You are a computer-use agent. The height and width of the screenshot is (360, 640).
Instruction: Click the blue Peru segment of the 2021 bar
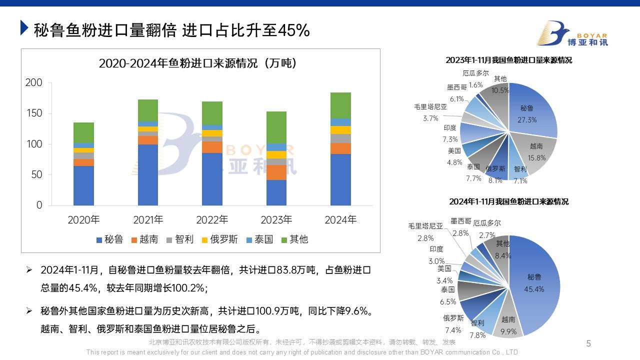tap(148, 175)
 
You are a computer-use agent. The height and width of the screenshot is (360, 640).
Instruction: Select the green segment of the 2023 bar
tap(276, 127)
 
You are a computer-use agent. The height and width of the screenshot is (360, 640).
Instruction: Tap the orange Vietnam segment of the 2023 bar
tap(276, 172)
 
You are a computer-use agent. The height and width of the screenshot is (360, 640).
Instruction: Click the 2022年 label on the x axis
tap(212, 220)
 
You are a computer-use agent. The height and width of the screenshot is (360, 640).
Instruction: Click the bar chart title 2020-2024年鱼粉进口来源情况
tap(198, 63)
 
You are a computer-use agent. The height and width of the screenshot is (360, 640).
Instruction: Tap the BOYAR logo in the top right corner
tap(572, 33)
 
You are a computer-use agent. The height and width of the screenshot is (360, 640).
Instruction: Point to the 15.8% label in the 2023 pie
tap(537, 157)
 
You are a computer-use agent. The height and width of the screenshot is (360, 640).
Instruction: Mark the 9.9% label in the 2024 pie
tap(508, 331)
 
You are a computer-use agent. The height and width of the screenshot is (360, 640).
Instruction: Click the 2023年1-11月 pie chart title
tap(508, 60)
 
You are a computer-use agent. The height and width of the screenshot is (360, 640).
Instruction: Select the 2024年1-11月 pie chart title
tap(508, 202)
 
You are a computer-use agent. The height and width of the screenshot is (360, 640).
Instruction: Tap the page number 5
tap(588, 343)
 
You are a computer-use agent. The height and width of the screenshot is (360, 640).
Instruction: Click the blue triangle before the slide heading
tap(24, 28)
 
